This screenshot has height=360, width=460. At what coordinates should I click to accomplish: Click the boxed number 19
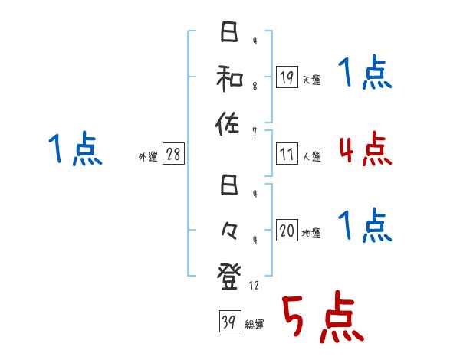286,77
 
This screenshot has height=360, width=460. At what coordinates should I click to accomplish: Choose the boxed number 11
286,154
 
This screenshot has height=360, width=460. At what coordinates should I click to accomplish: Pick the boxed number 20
286,231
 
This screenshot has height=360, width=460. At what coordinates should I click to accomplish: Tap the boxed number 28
173,154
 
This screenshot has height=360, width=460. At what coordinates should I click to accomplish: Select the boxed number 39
228,322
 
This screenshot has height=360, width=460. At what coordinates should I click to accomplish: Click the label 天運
311,80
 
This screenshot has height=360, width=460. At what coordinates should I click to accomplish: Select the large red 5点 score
323,317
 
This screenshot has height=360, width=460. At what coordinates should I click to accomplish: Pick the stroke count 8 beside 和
255,87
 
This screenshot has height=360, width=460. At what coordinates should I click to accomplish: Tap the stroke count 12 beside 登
256,285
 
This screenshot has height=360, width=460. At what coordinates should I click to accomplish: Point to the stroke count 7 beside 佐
255,131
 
